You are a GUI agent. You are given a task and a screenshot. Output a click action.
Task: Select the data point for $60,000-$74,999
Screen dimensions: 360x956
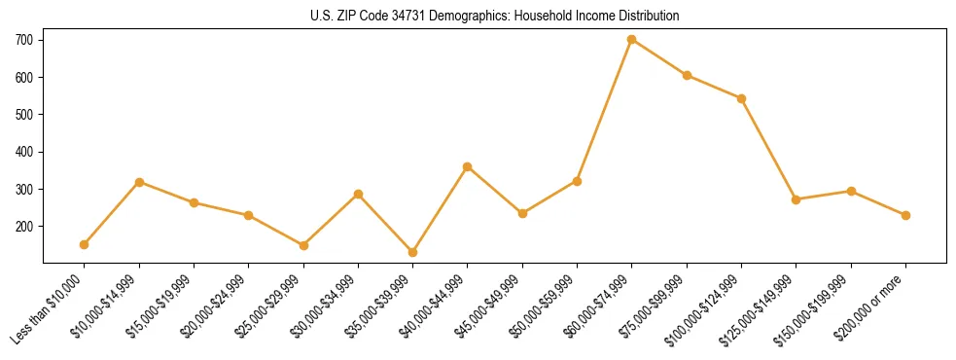(x=632, y=40)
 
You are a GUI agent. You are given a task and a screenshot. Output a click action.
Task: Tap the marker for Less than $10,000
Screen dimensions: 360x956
(x=85, y=244)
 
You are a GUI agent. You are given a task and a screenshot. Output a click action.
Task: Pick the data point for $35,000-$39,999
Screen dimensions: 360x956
(x=413, y=252)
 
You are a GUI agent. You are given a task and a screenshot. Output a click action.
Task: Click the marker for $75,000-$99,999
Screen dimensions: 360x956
(x=687, y=75)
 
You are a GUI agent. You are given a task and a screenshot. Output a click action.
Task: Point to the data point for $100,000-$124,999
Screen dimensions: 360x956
(x=742, y=98)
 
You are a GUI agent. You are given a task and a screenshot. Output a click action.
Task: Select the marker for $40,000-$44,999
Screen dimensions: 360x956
(x=468, y=166)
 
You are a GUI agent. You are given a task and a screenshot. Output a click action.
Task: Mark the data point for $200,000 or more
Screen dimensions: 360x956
(x=906, y=215)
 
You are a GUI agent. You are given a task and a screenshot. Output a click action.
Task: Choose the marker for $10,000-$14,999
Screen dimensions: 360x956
(x=139, y=182)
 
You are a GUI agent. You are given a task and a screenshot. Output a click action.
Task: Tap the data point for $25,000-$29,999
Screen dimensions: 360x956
(x=303, y=245)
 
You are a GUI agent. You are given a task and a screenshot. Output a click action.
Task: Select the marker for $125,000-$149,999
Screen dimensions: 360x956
(x=797, y=199)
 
